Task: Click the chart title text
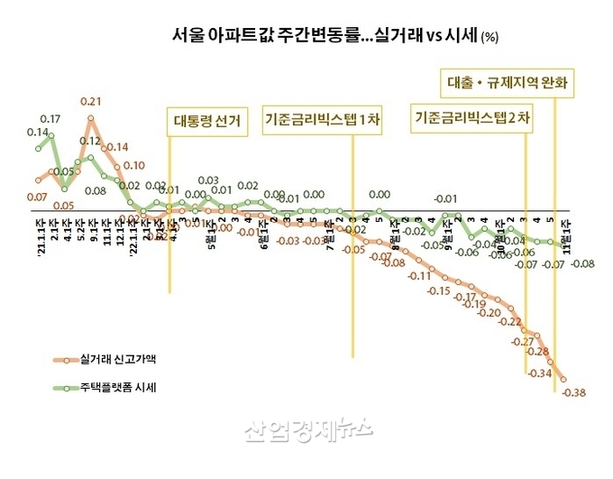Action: [x=324, y=36]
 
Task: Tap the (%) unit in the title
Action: [x=489, y=38]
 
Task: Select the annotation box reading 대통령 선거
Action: [x=206, y=122]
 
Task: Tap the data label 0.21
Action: [x=90, y=101]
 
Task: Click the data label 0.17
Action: [x=50, y=119]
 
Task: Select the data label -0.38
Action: [x=573, y=391]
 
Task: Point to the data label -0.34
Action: [x=540, y=373]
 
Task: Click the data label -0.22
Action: [x=510, y=322]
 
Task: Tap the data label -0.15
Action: [x=439, y=291]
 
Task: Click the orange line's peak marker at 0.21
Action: [x=91, y=118]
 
